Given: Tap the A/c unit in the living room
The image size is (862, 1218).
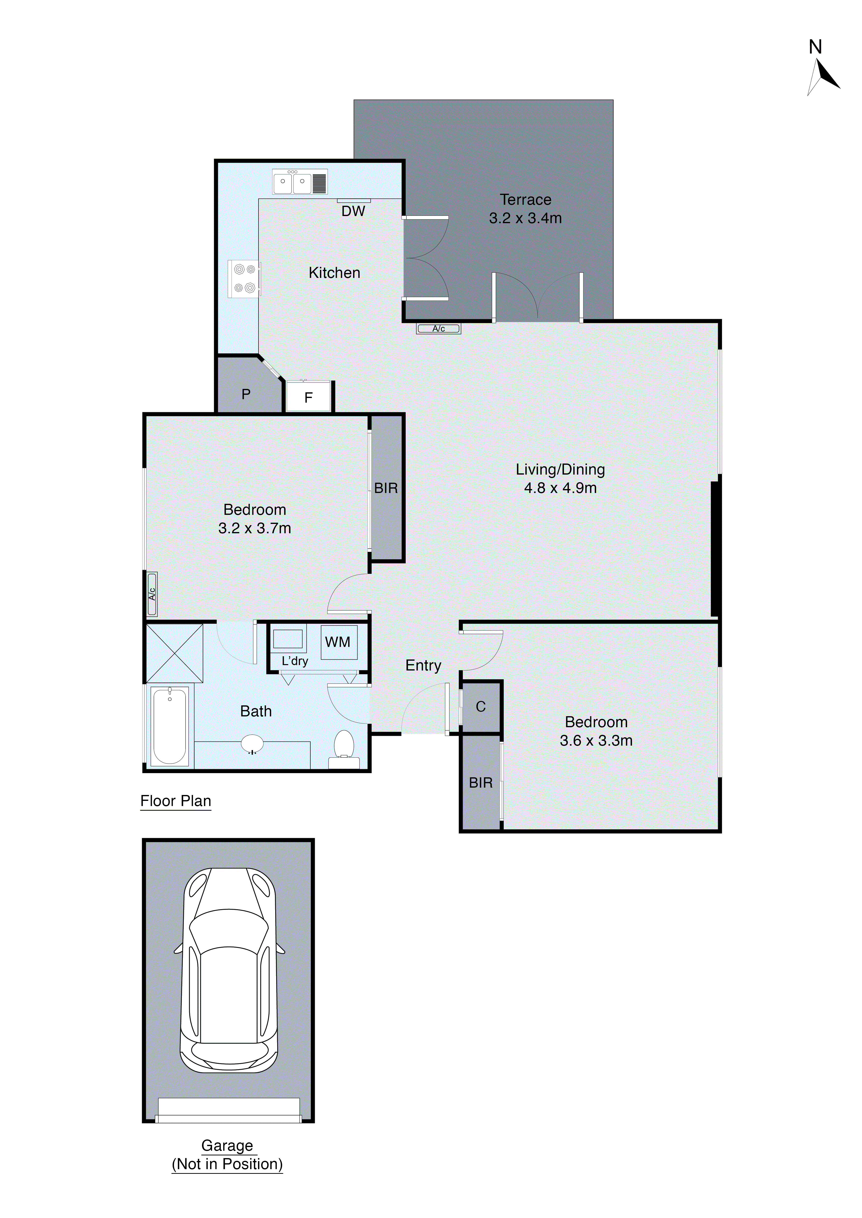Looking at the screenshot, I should pyautogui.click(x=438, y=328).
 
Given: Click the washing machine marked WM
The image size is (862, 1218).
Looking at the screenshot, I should pyautogui.click(x=338, y=642).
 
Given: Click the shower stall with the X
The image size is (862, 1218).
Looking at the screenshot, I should pyautogui.click(x=174, y=653).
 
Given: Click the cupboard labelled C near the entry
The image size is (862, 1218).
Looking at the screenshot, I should pyautogui.click(x=481, y=707).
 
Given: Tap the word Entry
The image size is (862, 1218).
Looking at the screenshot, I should pyautogui.click(x=423, y=665).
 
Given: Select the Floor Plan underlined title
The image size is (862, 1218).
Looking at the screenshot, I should pyautogui.click(x=176, y=801).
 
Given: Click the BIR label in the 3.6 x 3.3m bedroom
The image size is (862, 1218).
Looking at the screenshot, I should pyautogui.click(x=481, y=782).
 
